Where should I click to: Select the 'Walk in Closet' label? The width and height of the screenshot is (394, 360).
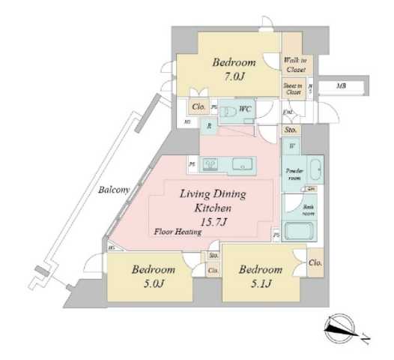click(294, 64)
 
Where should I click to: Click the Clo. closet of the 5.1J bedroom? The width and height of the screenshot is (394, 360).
click(315, 262)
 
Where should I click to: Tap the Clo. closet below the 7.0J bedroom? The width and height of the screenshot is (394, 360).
click(198, 107)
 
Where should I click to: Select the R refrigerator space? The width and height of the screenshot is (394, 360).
click(209, 127)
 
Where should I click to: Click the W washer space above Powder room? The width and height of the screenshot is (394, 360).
click(292, 145)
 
